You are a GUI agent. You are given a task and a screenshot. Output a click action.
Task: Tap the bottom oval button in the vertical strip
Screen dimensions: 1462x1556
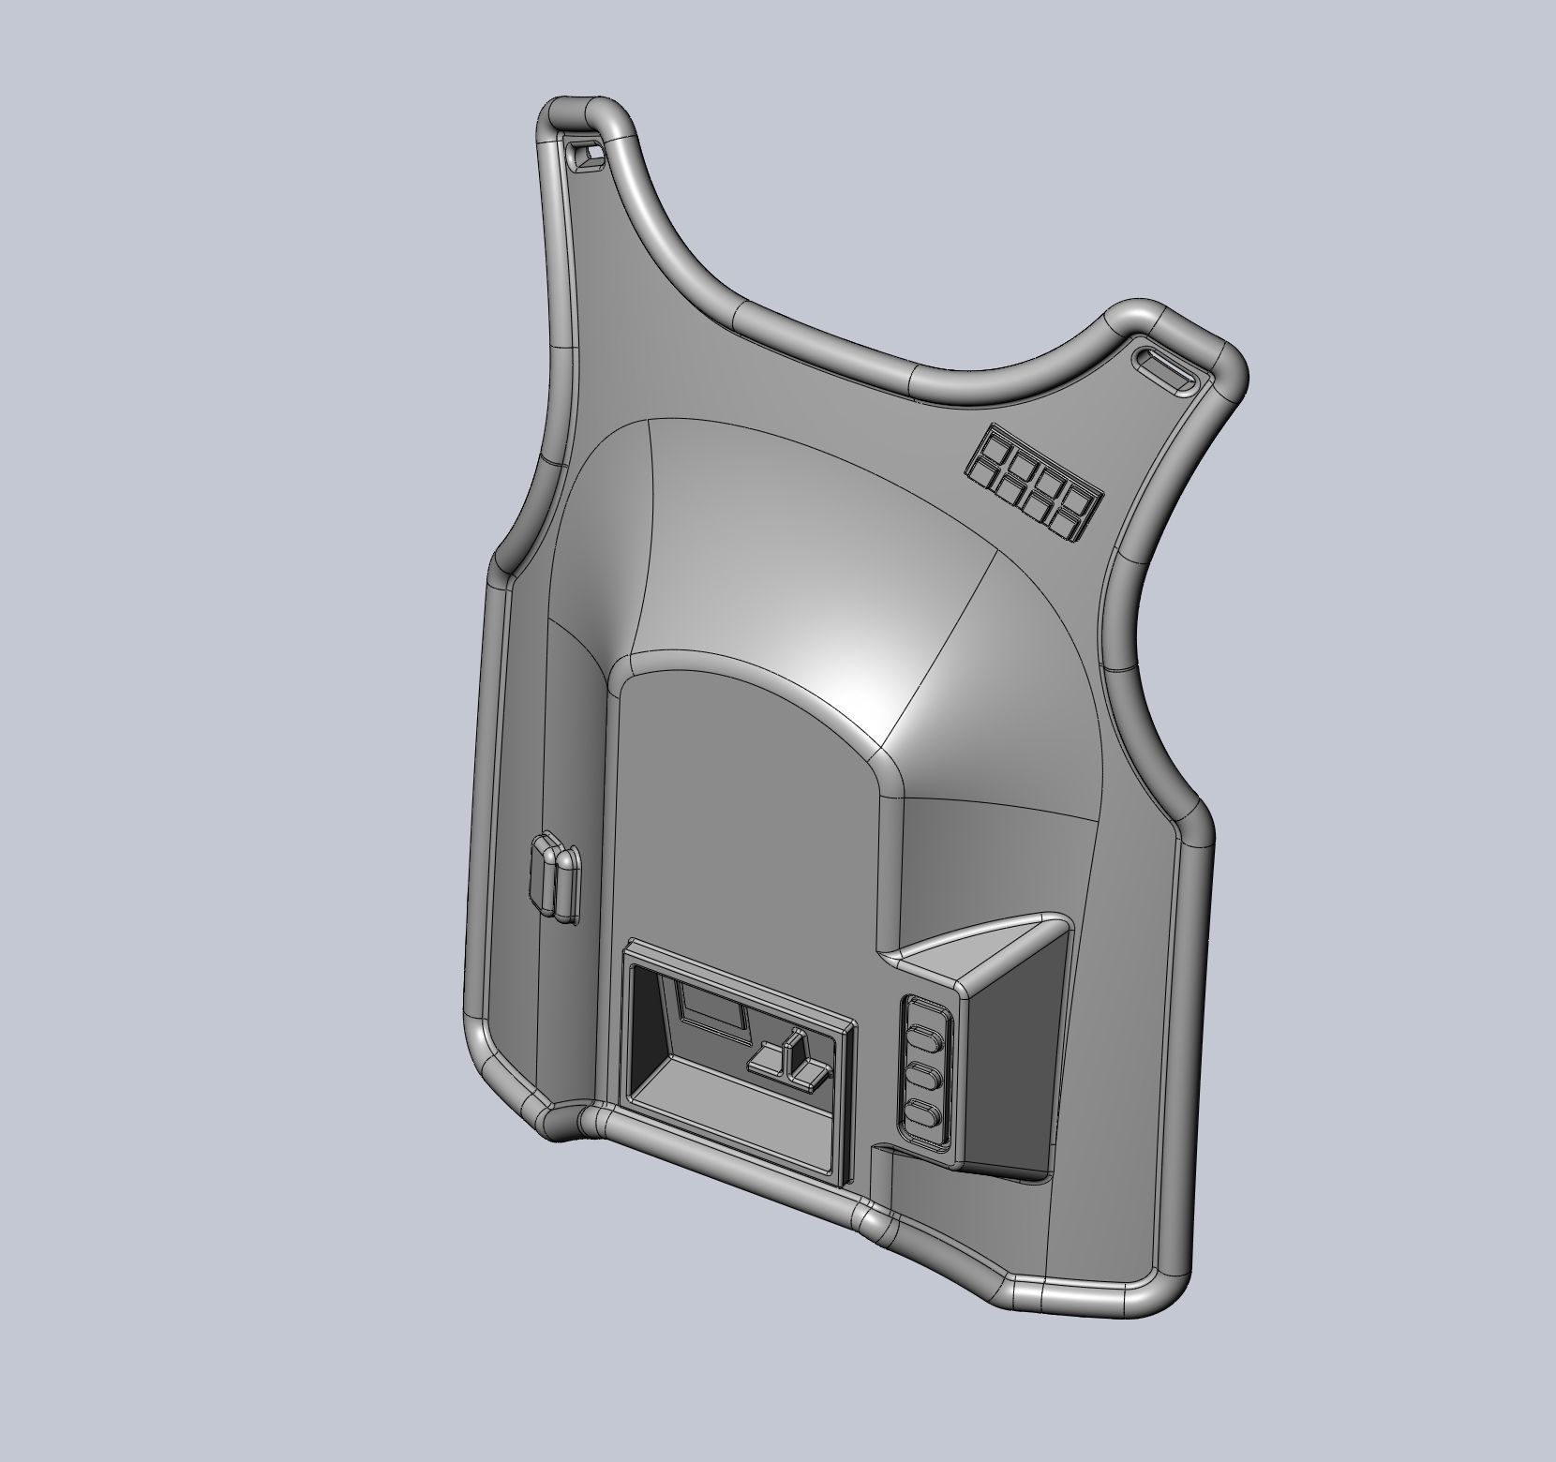925,1117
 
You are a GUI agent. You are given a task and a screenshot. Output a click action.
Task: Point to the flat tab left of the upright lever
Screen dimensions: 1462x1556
767,1062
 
